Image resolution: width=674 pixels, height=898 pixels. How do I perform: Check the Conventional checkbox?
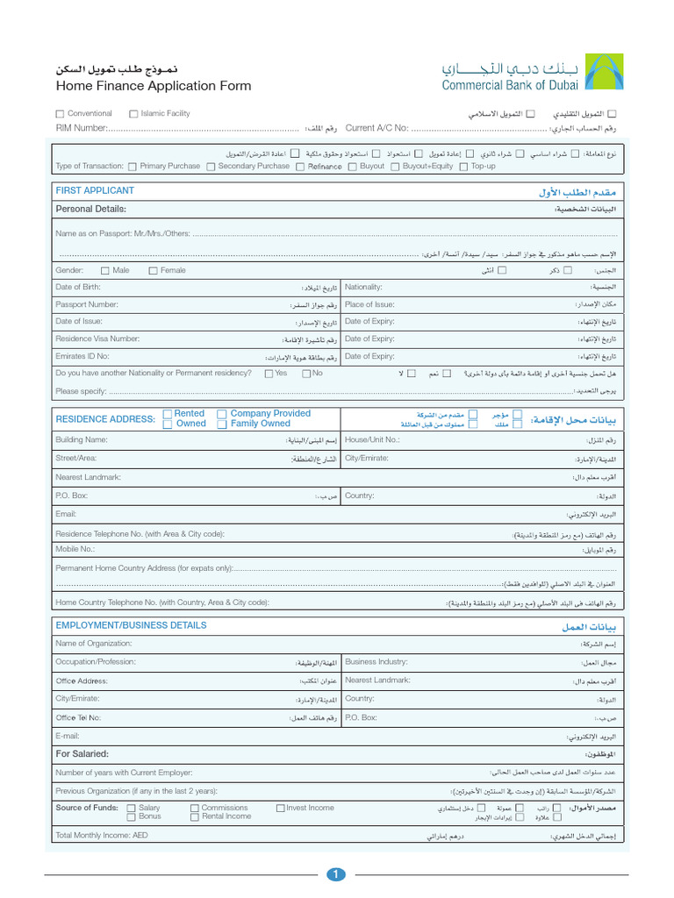60,114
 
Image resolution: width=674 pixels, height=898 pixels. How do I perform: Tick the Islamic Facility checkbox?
133,114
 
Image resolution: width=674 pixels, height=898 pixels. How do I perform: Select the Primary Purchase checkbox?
132,167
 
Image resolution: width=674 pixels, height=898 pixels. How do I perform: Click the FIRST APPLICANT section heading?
95,190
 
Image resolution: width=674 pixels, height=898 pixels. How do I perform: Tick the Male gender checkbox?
105,271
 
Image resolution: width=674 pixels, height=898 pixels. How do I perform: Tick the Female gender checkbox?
154,271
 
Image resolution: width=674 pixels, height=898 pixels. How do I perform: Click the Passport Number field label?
86,304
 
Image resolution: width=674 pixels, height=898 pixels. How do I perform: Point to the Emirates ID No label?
82,356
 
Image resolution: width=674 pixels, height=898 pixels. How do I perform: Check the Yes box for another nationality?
269,374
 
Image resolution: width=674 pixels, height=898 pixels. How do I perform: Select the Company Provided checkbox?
222,414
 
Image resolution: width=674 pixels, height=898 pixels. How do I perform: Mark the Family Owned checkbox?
222,424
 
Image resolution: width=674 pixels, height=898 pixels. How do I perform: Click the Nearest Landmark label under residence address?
88,477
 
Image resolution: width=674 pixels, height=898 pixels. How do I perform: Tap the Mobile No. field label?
75,549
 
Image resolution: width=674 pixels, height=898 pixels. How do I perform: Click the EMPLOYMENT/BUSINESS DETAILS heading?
131,625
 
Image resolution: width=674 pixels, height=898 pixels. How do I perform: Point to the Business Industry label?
376,662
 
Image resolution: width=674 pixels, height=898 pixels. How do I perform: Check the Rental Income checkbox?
195,816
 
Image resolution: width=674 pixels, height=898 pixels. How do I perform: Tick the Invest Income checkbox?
280,808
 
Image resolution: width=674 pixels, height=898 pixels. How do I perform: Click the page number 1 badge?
337,874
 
